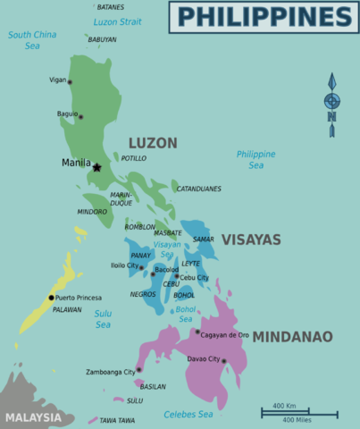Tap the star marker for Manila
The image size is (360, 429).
[96, 166]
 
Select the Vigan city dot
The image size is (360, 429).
[71, 82]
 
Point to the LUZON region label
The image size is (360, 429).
[153, 143]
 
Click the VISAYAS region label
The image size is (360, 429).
[251, 240]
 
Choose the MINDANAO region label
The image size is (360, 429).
[292, 337]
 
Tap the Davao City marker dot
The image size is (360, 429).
[224, 361]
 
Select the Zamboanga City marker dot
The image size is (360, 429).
[138, 369]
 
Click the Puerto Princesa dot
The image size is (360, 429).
[51, 298]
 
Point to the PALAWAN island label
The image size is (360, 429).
[67, 309]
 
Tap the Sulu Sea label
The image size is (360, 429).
[104, 319]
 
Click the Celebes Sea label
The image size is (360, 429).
[188, 414]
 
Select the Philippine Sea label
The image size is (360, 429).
[255, 159]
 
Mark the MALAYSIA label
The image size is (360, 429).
[33, 417]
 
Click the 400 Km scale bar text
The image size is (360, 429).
[284, 407]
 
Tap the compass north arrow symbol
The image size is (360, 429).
[332, 98]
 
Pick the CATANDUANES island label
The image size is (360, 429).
[198, 189]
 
